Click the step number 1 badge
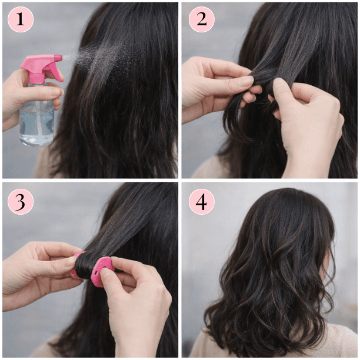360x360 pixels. (21, 19)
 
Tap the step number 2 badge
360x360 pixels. (202, 19)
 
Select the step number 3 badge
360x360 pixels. (21, 202)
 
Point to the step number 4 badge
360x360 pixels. (202, 202)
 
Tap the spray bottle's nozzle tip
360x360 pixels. (60, 58)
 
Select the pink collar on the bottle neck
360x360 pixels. (36, 78)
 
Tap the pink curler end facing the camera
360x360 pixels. (102, 271)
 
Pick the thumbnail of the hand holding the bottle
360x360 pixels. (55, 93)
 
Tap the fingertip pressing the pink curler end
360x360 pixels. (106, 272)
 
